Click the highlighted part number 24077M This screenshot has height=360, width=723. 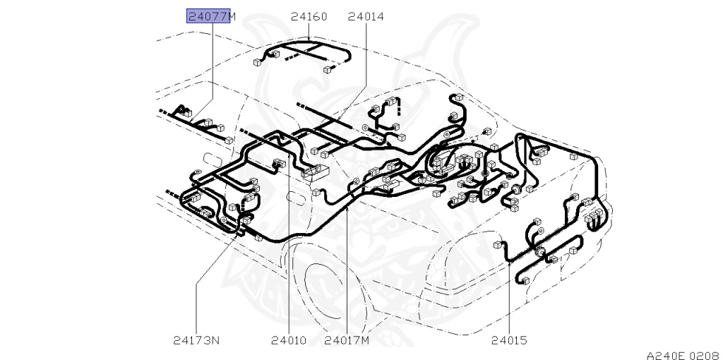point(208,16)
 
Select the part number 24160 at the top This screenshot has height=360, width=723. point(309,16)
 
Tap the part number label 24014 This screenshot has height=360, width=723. point(366,16)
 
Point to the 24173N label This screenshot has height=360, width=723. point(196,340)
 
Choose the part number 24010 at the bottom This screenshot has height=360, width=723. point(289,340)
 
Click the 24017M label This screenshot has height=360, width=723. point(347,340)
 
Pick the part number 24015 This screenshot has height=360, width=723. point(509,340)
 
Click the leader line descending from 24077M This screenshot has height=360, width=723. point(213,64)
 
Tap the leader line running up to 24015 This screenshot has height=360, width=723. point(509,296)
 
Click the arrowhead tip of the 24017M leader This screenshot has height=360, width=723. point(347,207)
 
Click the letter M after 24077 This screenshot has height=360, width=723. point(234,16)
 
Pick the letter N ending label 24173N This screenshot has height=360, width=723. point(216,340)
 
